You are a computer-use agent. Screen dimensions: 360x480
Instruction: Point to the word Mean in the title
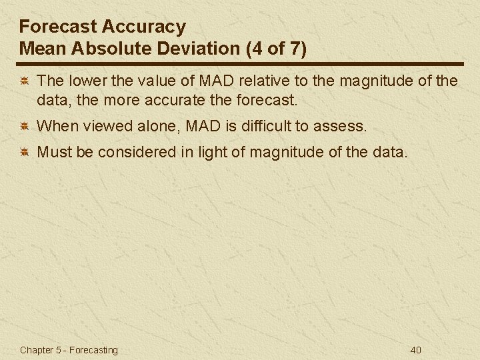[41, 49]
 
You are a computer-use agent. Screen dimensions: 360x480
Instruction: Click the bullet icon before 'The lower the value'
[23, 81]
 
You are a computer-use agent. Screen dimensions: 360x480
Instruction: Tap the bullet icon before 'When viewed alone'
[23, 125]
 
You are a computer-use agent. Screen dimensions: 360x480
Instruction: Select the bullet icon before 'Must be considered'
[23, 153]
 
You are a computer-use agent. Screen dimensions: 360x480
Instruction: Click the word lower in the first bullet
[84, 81]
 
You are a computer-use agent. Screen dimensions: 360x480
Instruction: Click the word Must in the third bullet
[53, 153]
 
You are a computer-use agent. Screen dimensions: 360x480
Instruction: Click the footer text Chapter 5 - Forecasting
[69, 350]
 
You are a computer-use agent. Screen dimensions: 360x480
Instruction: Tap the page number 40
[416, 350]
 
